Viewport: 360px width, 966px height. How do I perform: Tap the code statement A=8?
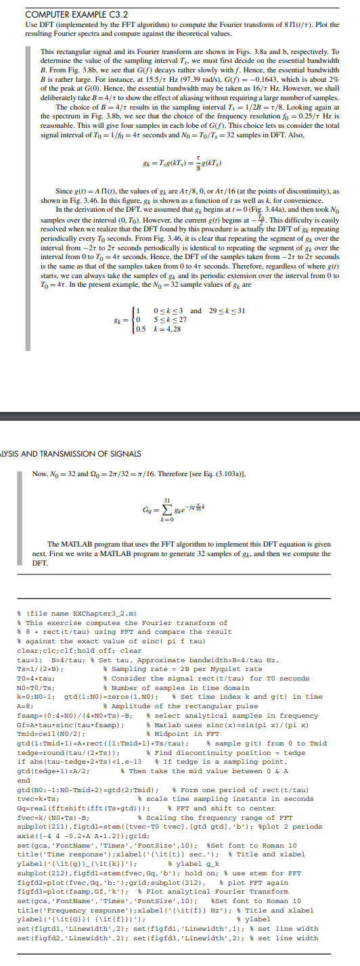tap(26, 706)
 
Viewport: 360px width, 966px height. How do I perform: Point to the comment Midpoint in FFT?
tap(187, 733)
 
